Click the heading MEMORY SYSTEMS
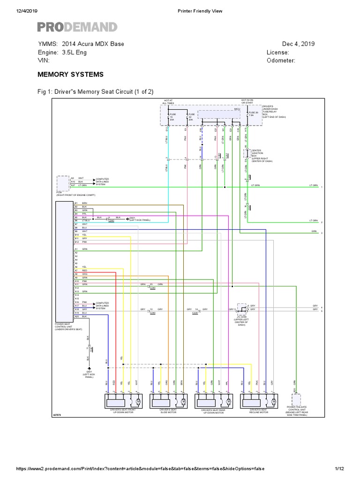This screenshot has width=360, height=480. click(70, 75)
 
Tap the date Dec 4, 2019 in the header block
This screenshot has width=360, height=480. click(298, 44)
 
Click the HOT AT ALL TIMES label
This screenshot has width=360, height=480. click(168, 101)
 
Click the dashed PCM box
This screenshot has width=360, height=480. click(62, 182)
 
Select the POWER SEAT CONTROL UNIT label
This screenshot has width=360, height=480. click(68, 327)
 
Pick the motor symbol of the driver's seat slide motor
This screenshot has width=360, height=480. click(183, 402)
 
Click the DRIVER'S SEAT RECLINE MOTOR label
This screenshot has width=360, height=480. click(258, 411)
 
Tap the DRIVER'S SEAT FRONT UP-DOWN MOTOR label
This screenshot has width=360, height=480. click(121, 411)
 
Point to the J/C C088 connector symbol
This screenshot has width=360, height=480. click(242, 308)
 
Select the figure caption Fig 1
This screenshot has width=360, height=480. click(96, 91)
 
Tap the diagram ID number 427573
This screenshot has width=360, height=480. click(57, 414)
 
